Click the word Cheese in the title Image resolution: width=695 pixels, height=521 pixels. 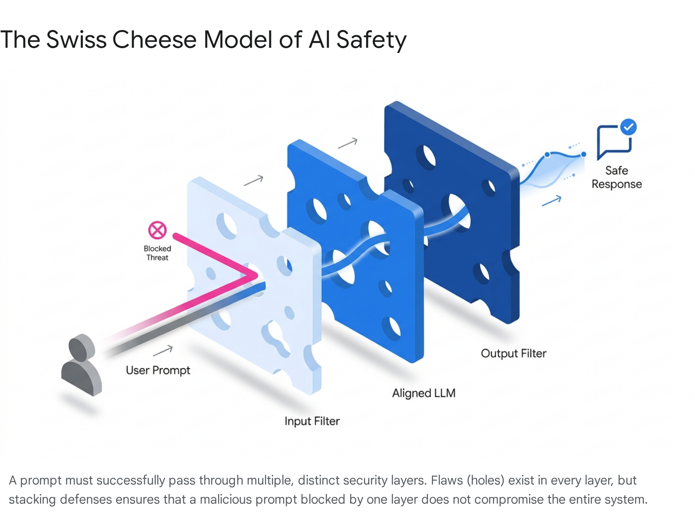154,40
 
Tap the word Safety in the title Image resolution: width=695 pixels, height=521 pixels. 371,40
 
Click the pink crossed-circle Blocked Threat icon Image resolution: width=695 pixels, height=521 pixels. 157,230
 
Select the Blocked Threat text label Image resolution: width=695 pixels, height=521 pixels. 157,253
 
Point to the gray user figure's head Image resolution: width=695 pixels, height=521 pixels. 82,347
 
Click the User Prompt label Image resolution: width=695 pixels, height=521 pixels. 158,370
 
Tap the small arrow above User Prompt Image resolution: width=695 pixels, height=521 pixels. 163,350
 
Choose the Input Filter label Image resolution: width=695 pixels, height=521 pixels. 312,421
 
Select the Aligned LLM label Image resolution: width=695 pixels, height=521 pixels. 424,393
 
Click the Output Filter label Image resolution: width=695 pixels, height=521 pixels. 513,353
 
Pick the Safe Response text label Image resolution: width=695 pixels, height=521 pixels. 616,177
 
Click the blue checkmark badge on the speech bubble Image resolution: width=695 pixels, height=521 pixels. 628,127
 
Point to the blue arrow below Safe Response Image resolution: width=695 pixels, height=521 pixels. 552,201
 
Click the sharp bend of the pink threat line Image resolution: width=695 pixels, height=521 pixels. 256,276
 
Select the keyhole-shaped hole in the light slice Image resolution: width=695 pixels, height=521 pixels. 276,337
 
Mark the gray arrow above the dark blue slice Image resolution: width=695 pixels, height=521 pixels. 347,143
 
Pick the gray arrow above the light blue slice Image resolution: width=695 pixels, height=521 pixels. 253,180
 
